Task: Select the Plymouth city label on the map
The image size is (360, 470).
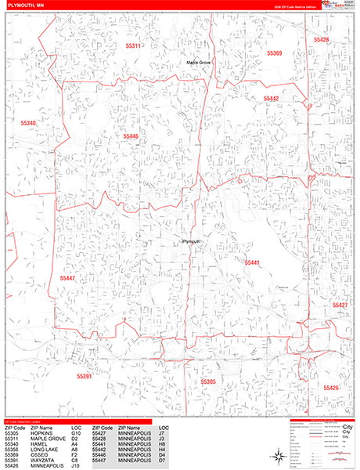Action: pyautogui.click(x=193, y=241)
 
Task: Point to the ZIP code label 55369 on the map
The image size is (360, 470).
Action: pyautogui.click(x=274, y=53)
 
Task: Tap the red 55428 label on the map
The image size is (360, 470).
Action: pyautogui.click(x=321, y=39)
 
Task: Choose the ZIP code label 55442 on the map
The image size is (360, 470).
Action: pyautogui.click(x=271, y=99)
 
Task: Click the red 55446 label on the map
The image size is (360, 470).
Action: pyautogui.click(x=130, y=136)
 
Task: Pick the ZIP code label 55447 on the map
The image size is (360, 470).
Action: pyautogui.click(x=67, y=278)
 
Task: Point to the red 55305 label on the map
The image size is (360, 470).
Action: pyautogui.click(x=207, y=381)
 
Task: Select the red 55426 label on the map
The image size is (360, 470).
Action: pyautogui.click(x=331, y=388)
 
